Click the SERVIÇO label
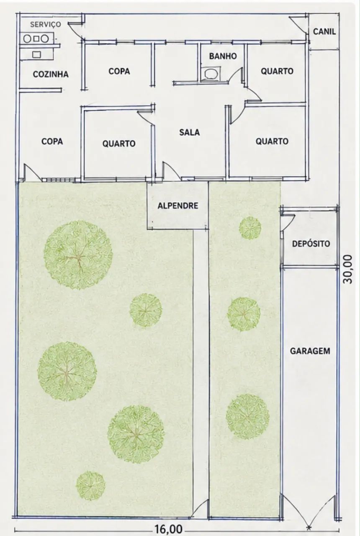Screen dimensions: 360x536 point(46,24)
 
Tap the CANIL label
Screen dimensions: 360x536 point(324,31)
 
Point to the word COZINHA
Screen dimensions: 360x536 point(51,74)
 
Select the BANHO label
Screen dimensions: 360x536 point(223,56)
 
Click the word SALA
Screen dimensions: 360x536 point(190,132)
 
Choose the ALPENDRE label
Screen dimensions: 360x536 point(178,206)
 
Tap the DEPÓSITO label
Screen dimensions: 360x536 point(311,244)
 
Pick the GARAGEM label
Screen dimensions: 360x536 point(310,351)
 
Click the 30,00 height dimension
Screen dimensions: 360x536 point(348,269)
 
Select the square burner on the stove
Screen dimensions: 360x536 point(36,39)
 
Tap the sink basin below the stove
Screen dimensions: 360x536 point(36,54)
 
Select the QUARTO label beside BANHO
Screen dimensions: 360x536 point(277,71)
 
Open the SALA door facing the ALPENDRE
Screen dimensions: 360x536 point(171,170)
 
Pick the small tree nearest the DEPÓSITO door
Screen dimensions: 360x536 point(250,228)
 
